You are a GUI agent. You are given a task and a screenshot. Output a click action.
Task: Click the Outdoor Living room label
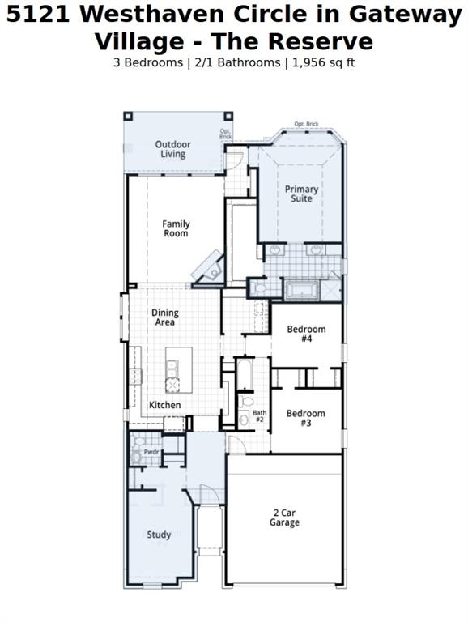coord(172,149)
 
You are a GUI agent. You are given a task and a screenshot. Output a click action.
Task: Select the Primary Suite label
coord(301,194)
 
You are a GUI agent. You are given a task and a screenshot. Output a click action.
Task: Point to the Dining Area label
coord(164,317)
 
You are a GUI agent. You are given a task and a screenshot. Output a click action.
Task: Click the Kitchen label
coord(164,405)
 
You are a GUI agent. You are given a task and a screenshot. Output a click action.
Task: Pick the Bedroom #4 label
coord(306,334)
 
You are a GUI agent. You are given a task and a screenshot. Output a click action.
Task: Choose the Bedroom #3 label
coord(305,418)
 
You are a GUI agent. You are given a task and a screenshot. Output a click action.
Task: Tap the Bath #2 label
coord(260,416)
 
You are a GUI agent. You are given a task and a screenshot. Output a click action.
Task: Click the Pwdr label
coord(151,452)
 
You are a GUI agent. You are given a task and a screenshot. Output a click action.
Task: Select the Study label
coord(159,535)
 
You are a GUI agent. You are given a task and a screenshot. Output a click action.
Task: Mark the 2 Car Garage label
coord(284,518)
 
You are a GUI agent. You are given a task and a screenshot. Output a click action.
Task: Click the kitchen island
coord(179,369)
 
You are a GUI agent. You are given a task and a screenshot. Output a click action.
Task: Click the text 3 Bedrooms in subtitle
coord(148,62)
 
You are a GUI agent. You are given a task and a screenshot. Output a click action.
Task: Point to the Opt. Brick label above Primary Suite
coord(306,124)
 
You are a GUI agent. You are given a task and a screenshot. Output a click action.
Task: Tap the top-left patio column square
coord(128,116)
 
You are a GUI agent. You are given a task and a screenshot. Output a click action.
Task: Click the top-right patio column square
coord(228,116)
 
